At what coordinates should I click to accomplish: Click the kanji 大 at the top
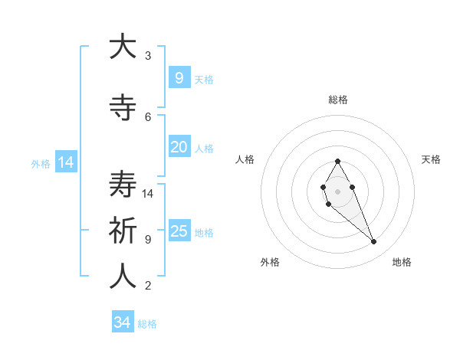pos(123,47)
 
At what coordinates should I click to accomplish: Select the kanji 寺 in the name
pos(123,108)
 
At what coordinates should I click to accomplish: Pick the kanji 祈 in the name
pos(123,231)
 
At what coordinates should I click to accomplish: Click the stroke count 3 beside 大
pos(148,56)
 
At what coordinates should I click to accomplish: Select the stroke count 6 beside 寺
pos(148,117)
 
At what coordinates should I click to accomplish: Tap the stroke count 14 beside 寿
pos(149,194)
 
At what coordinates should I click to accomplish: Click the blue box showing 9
pos(179,77)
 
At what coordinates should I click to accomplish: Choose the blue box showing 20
pos(179,147)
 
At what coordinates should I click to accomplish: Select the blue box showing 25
pos(179,231)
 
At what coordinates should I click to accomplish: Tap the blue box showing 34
pos(122,322)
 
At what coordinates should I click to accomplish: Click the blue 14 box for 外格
pos(65,162)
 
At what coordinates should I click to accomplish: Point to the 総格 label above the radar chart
pos(338,100)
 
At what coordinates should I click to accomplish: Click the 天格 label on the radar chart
pos(431,159)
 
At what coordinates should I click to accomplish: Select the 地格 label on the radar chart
pos(402,262)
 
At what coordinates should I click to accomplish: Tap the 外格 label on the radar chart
pos(270,262)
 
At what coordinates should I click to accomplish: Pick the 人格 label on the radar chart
pos(245,159)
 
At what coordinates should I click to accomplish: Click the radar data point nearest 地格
pos(374,242)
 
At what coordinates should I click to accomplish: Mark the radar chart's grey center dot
pos(337,191)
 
